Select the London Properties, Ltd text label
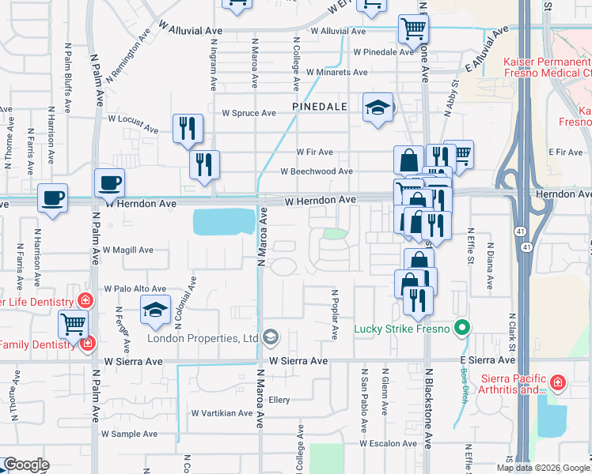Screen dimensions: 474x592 point(203,338)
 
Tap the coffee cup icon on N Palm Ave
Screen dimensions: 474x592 point(109,183)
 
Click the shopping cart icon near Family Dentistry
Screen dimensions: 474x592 point(74,323)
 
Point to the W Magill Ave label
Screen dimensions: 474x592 point(127,250)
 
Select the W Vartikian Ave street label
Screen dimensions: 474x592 point(222,413)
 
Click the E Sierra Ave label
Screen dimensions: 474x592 point(482,360)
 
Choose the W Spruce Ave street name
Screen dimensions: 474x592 point(249,113)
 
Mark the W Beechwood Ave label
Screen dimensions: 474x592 point(317,171)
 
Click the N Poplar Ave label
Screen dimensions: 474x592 point(333,314)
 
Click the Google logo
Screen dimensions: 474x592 point(26,465)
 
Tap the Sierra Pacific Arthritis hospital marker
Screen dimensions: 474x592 point(557,382)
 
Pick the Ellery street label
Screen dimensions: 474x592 point(279,400)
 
